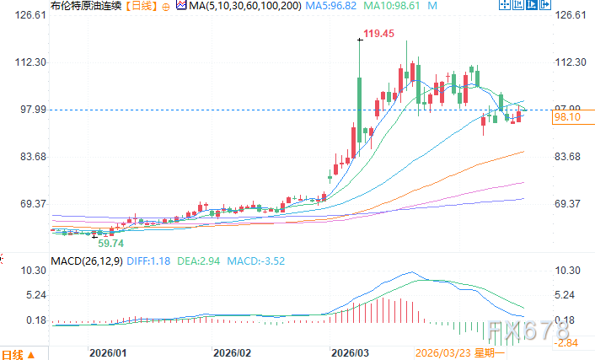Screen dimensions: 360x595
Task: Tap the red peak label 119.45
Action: [x=378, y=34]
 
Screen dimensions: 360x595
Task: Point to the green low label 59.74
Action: [x=115, y=243]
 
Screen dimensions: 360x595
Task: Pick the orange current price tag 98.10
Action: [x=566, y=119]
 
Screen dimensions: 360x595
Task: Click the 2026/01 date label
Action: [x=109, y=353]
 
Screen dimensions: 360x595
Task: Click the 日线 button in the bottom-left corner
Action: [x=19, y=353]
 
